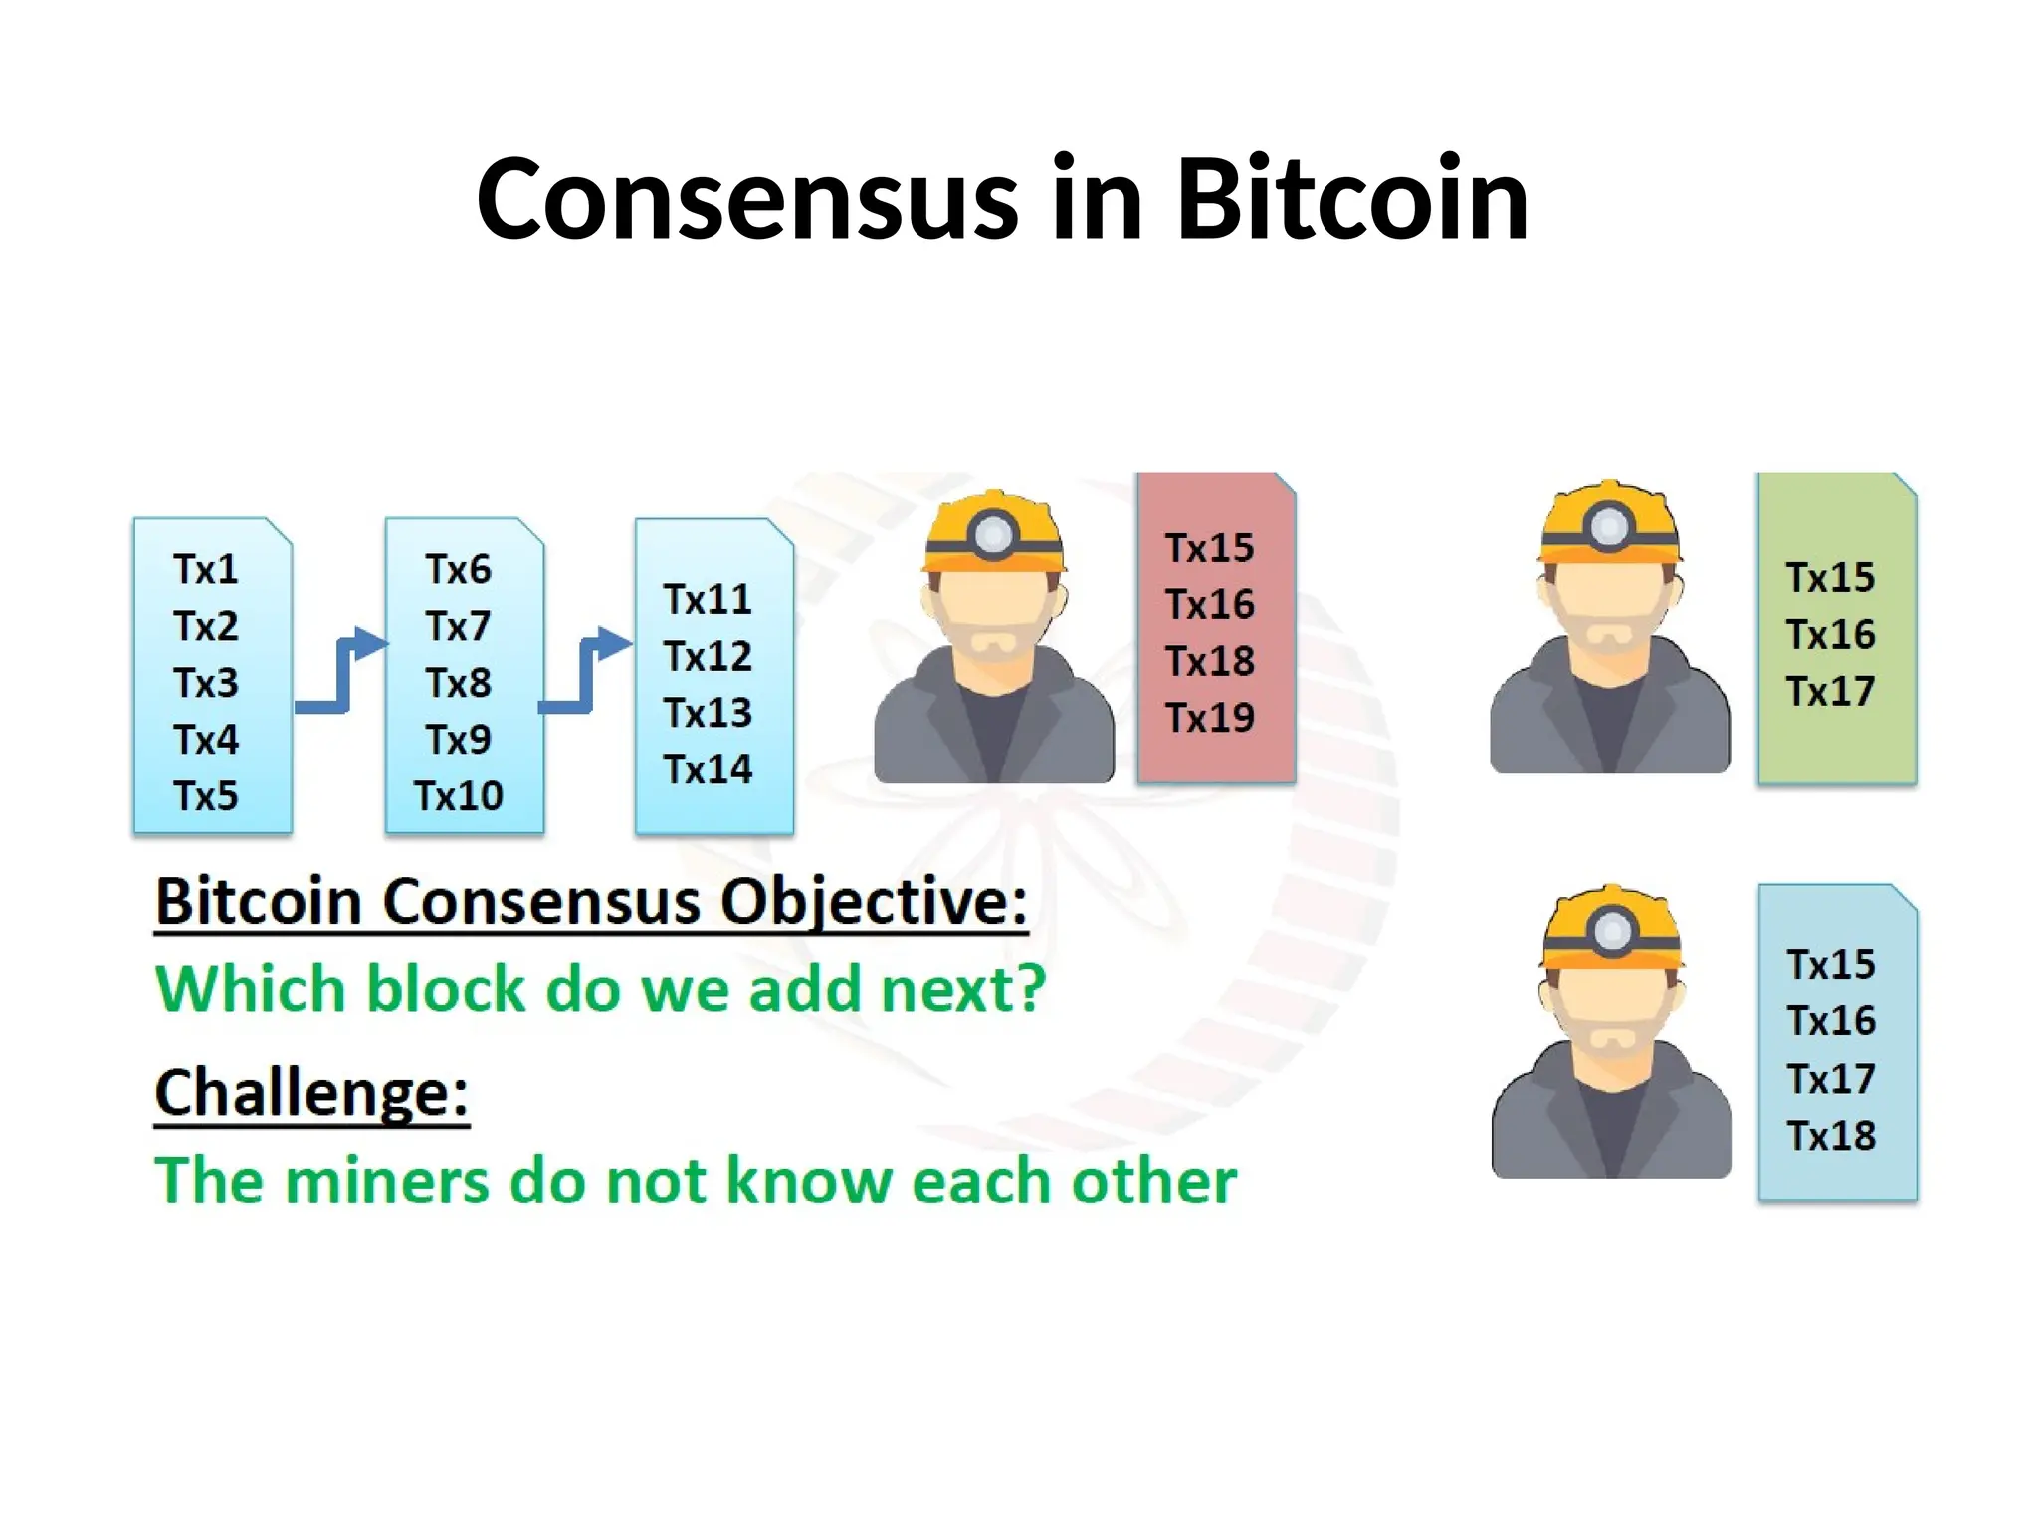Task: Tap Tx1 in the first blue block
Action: point(206,570)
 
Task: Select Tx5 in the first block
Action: point(206,796)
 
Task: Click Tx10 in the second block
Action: point(459,796)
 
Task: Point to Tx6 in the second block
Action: point(459,570)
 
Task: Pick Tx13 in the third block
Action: point(709,713)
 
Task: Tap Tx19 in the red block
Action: point(1210,718)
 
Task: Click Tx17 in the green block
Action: point(1830,692)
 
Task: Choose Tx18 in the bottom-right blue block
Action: point(1831,1136)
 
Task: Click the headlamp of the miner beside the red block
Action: point(993,534)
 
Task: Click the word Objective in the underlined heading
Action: point(873,902)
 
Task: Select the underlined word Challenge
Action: point(311,1093)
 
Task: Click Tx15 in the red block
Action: point(1210,548)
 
